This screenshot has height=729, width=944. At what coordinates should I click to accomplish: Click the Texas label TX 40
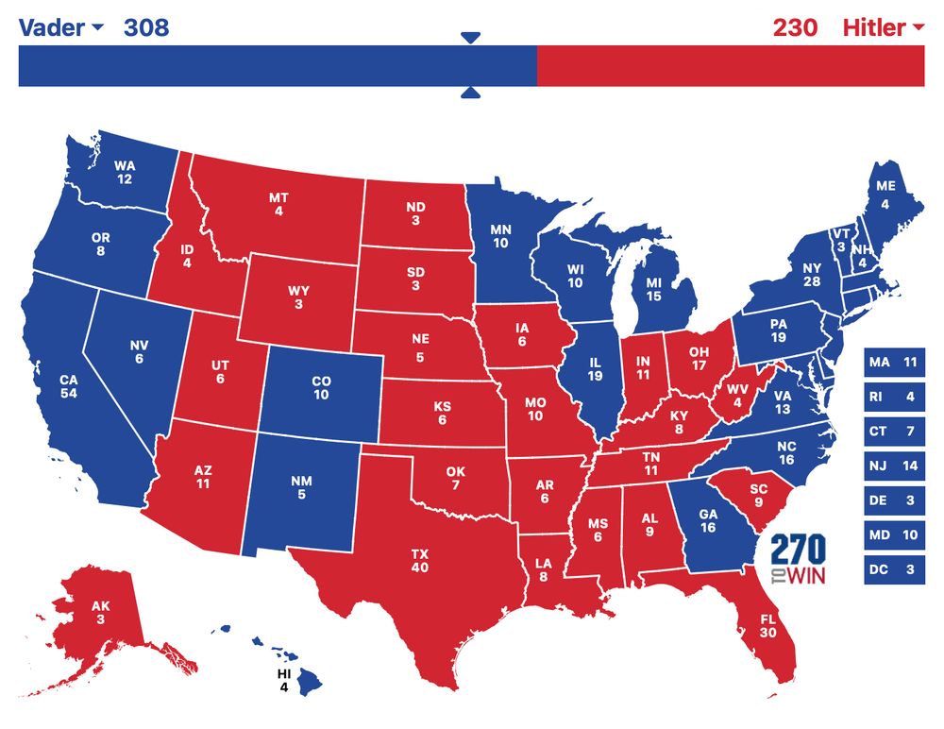[x=419, y=559]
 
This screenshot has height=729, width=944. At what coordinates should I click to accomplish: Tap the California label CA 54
[x=68, y=387]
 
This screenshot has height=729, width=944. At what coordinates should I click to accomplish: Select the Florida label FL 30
[x=767, y=624]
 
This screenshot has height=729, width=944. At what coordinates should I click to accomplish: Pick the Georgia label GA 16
[x=708, y=520]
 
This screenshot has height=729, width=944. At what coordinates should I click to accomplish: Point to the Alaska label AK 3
[x=100, y=612]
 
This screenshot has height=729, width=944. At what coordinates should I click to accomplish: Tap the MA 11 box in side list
[x=893, y=362]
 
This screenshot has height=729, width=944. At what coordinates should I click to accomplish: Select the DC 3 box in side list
[x=893, y=570]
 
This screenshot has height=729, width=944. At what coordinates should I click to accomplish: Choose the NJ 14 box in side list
[x=893, y=466]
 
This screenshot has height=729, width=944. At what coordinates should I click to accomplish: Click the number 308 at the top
[x=146, y=27]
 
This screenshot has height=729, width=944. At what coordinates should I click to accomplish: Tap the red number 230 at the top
[x=795, y=27]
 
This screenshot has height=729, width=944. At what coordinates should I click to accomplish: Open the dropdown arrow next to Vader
[x=96, y=28]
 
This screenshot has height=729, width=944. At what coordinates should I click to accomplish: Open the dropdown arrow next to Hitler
[x=919, y=28]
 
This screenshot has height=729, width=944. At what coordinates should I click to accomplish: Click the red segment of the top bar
[x=730, y=66]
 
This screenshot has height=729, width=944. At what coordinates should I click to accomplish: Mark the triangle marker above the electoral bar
[x=471, y=37]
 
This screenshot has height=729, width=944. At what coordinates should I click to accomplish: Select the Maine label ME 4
[x=885, y=195]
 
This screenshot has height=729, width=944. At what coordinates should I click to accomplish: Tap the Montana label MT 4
[x=278, y=204]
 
